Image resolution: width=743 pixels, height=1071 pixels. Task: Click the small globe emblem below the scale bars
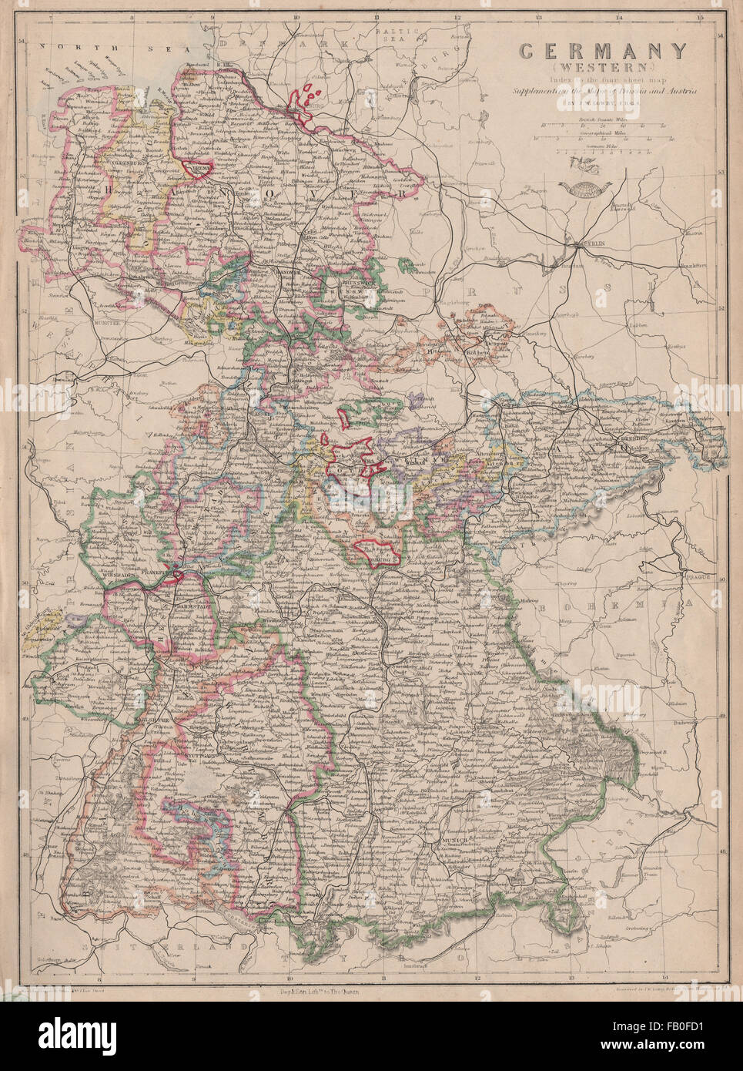point(578,184)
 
